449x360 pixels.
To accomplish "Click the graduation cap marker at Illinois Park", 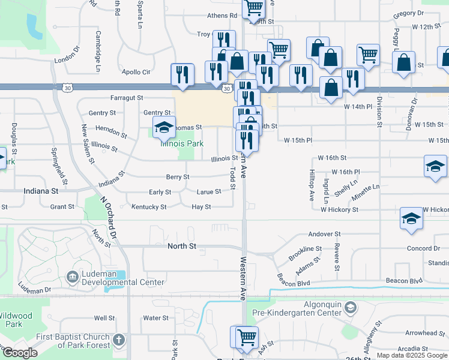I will (163, 127).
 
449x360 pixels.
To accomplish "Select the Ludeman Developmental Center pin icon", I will (73, 277).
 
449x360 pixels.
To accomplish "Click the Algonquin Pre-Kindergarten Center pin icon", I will (350, 308).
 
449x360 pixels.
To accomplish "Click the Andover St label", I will (324, 233).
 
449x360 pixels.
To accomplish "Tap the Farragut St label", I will (127, 97).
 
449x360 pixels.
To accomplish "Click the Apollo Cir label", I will (136, 72).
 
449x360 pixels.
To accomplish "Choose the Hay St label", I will (201, 207).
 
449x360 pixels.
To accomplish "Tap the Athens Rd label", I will (222, 16).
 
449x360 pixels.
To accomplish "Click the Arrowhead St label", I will (424, 333).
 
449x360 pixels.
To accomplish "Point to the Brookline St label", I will (306, 248).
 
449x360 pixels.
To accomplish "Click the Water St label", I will (155, 318).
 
